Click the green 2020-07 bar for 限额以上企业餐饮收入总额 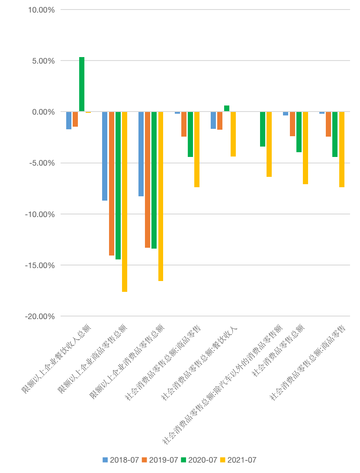click(82, 84)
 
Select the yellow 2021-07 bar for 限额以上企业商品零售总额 click(125, 201)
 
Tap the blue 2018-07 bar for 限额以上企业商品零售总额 click(105, 156)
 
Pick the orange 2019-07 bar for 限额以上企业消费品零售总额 click(148, 179)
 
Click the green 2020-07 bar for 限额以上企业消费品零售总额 click(154, 180)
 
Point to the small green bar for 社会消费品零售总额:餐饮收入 click(227, 109)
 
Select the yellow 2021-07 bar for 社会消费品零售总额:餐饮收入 click(233, 134)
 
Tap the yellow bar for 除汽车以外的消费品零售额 click(269, 144)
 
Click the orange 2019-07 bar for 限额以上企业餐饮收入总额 click(75, 119)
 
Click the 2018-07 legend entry click(121, 460)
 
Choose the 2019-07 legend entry click(160, 460)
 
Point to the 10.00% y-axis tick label click(41, 10)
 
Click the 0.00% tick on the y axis click(43, 112)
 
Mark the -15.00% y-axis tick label click(40, 265)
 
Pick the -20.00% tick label click(40, 316)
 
